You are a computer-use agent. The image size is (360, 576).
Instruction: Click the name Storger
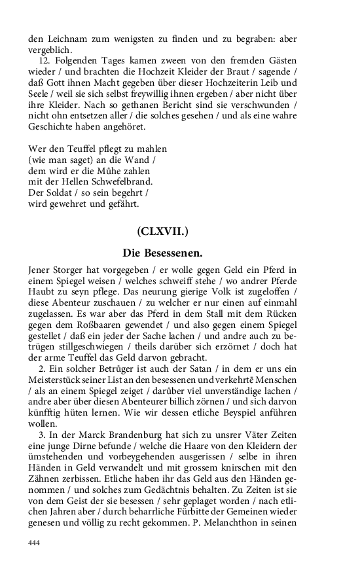(x=71, y=269)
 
